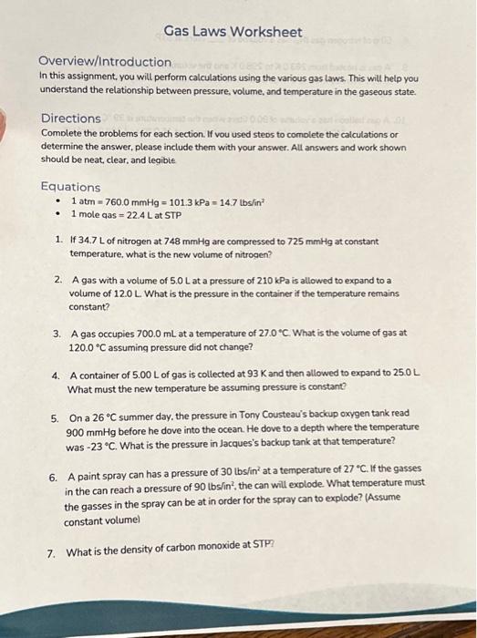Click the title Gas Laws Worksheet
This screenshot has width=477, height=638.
click(233, 33)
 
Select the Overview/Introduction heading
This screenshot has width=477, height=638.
click(106, 62)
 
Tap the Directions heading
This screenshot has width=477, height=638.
click(70, 118)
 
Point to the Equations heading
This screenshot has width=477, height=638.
click(70, 187)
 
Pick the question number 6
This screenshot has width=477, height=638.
click(54, 478)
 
